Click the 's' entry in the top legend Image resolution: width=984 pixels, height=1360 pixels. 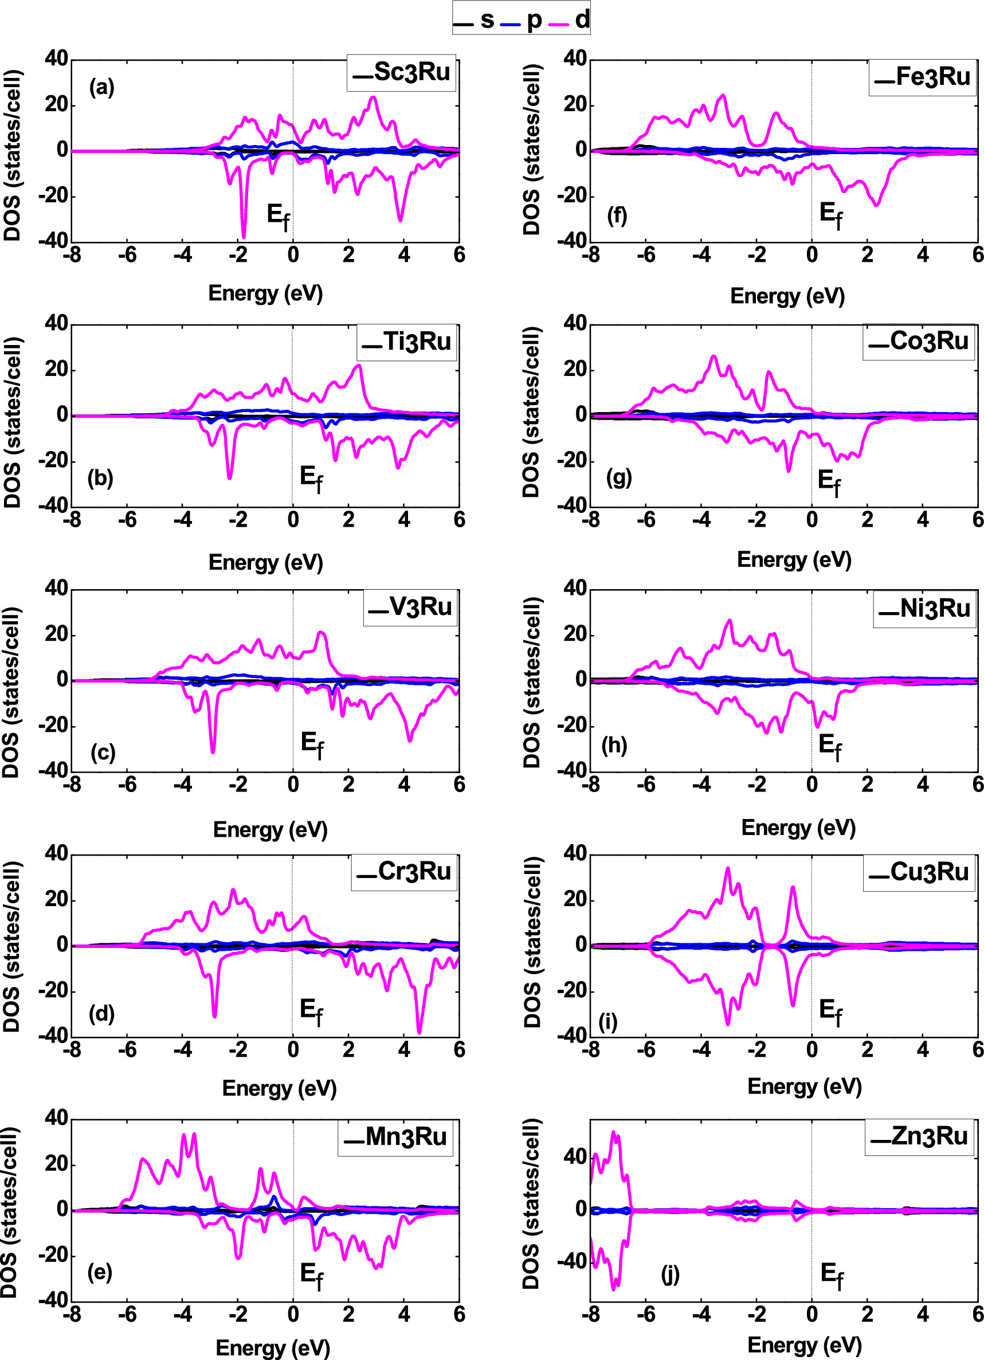487,20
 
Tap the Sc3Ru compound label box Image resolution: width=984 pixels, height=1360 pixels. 401,73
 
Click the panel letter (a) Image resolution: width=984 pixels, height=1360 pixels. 101,88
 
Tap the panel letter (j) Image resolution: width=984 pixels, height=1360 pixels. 671,1274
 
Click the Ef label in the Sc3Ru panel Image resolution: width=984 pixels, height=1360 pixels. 277,217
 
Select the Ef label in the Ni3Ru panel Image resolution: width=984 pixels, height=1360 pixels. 830,747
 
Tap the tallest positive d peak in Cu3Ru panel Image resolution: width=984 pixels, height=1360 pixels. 728,868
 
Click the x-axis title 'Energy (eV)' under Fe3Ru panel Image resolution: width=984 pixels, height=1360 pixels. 787,296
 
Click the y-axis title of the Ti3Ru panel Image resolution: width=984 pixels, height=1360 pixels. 13,422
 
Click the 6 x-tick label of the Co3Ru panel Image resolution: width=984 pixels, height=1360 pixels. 977,519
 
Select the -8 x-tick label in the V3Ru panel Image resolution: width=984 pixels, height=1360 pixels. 72,785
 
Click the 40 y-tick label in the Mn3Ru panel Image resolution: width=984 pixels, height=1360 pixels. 56,1118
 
